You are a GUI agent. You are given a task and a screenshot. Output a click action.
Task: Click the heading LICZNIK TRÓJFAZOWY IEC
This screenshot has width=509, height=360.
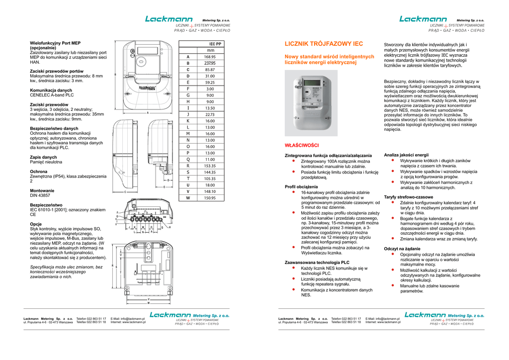(323, 44)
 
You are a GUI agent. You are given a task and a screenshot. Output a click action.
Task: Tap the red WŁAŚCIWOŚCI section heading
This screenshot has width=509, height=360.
(301, 145)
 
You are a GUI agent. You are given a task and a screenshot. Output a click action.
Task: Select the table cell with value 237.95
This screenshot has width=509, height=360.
(210, 63)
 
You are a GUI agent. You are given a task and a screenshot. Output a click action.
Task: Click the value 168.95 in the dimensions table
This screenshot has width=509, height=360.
(210, 57)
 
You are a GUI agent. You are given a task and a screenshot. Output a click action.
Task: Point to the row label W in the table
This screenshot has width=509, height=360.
(188, 198)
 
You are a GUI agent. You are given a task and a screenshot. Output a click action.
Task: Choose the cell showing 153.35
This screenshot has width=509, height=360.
(210, 166)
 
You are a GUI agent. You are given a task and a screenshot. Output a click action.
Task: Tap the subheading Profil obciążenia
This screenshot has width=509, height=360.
(301, 186)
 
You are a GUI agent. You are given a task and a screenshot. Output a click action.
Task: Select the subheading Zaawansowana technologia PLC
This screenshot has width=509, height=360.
(317, 262)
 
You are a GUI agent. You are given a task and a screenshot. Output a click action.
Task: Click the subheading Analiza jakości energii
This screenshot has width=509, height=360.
(406, 155)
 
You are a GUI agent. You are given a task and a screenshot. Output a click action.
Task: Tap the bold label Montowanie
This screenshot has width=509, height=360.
(42, 190)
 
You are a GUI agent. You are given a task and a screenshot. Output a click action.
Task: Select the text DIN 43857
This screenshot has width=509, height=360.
(40, 195)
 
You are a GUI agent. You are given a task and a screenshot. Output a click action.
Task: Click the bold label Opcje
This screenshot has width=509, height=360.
(36, 224)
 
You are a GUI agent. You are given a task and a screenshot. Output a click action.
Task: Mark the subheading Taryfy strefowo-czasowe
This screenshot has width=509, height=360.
(409, 197)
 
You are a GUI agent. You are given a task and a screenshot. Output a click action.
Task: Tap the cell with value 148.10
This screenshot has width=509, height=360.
(210, 191)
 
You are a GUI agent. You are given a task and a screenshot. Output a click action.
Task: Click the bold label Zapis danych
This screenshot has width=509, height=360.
(43, 157)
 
